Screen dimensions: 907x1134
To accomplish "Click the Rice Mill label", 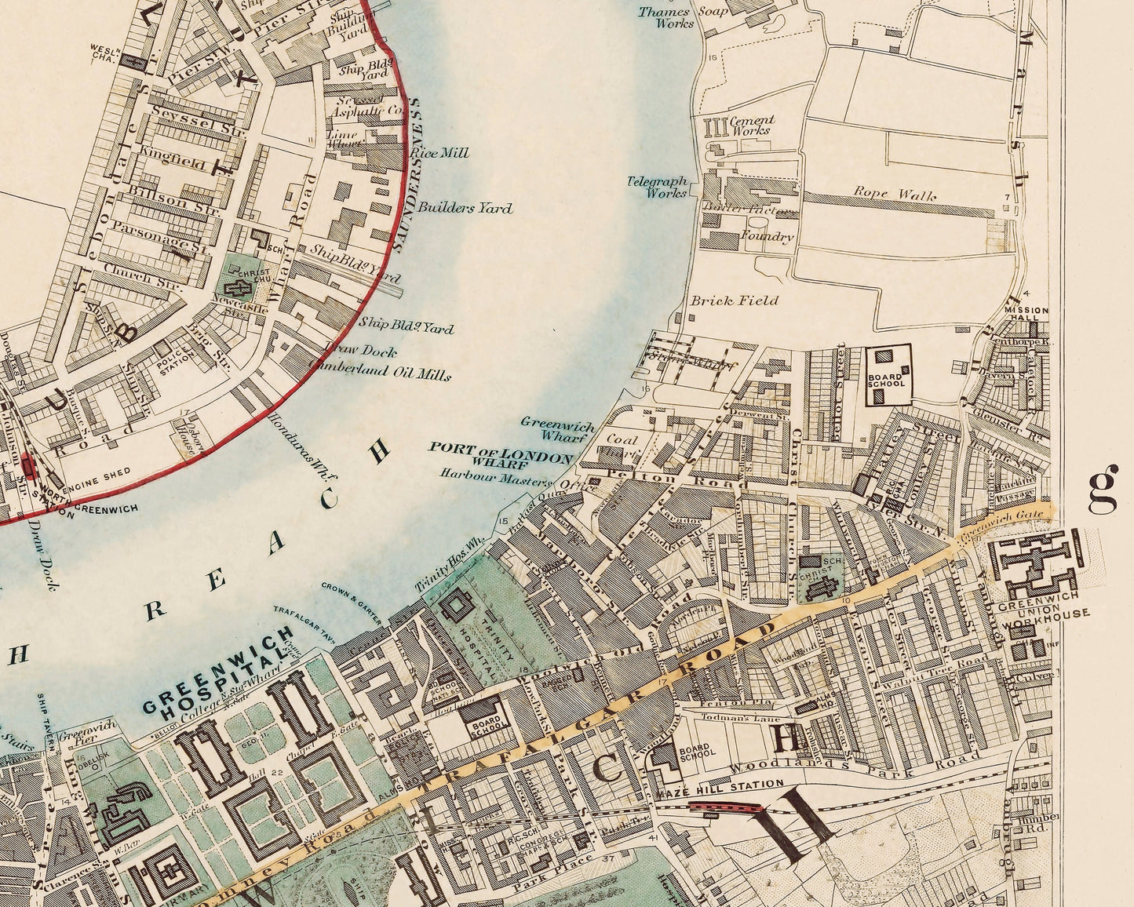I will [x=444, y=152].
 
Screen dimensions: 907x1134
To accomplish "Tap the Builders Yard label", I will [x=465, y=208].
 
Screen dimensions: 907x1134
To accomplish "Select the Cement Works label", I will [x=752, y=126].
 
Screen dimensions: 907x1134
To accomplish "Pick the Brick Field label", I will [x=735, y=300].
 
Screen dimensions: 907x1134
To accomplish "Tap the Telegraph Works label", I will [x=658, y=186].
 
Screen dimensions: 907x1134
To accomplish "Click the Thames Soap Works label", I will [x=665, y=17].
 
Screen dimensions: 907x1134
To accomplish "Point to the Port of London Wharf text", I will [x=501, y=457].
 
